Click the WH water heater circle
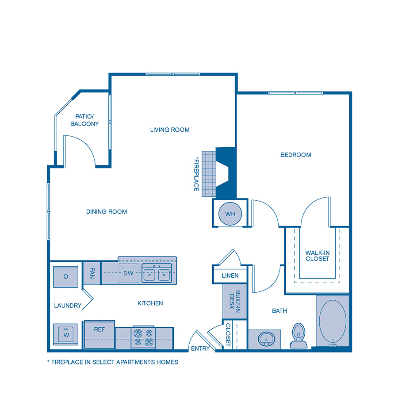pyautogui.click(x=230, y=214)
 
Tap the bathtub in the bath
pyautogui.click(x=332, y=322)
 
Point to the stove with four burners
pyautogui.click(x=143, y=337)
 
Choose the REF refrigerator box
pyautogui.click(x=99, y=329)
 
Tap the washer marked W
pyautogui.click(x=66, y=335)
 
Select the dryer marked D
pyautogui.click(x=66, y=277)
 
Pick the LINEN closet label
pyautogui.click(x=230, y=276)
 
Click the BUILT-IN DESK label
pyautogui.click(x=235, y=302)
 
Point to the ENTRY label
pyautogui.click(x=200, y=349)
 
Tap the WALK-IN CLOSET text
pyautogui.click(x=317, y=256)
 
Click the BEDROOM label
pyautogui.click(x=296, y=155)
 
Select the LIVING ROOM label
pyautogui.click(x=170, y=130)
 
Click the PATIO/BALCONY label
pyautogui.click(x=84, y=120)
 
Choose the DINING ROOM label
pyautogui.click(x=107, y=212)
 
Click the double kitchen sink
pyautogui.click(x=157, y=274)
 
